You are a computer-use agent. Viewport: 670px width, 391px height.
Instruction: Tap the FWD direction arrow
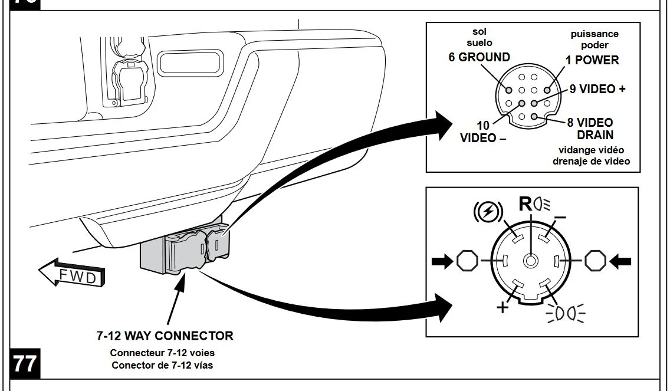71,274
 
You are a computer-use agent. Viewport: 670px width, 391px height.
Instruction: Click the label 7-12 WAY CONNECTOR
165,336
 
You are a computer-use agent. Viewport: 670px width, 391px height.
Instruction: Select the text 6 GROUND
479,57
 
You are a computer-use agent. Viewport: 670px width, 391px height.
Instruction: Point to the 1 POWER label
592,60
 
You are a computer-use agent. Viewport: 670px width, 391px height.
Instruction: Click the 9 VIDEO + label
597,89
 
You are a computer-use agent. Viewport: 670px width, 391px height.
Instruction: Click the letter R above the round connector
525,204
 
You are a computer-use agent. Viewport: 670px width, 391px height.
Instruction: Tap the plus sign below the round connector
503,307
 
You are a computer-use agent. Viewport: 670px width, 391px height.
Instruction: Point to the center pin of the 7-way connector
531,260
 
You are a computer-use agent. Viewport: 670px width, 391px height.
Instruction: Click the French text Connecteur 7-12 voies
162,353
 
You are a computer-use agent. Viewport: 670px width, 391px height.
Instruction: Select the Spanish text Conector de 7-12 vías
162,365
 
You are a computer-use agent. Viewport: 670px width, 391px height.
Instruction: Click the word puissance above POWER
595,34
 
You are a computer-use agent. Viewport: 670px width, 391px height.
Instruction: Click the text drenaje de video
591,161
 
